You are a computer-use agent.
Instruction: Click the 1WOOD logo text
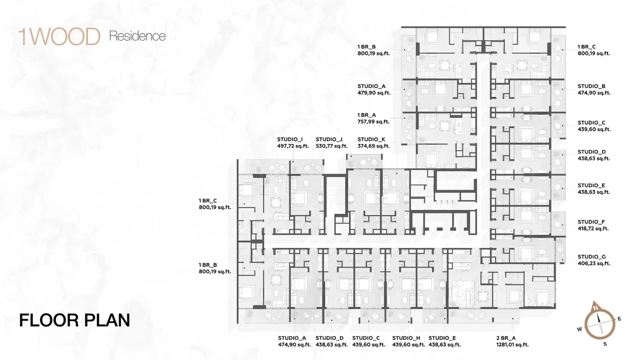point(59,37)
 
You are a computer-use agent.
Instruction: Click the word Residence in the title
point(137,36)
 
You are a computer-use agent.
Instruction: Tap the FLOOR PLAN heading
point(74,320)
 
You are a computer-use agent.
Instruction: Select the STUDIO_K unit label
point(371,139)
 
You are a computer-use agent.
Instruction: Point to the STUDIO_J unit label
point(329,139)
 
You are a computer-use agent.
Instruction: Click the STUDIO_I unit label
point(290,139)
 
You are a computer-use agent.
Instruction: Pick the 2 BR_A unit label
point(506,338)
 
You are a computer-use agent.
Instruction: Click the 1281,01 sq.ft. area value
point(512,345)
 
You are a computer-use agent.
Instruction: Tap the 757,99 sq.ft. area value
point(373,122)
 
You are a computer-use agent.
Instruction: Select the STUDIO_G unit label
point(591,257)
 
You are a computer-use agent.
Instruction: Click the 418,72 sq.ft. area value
point(593,229)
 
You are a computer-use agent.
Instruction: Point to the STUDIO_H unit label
point(406,338)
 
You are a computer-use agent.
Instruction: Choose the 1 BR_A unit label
point(367,115)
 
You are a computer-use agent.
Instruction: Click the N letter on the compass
point(596,308)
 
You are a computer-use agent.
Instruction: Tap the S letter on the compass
point(605,344)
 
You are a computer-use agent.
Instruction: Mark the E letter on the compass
point(619,319)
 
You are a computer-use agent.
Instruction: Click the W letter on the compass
point(579,329)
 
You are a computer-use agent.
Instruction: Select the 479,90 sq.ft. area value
point(374,93)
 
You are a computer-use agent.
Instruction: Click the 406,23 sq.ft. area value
point(594,263)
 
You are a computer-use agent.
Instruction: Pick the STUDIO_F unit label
point(591,222)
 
